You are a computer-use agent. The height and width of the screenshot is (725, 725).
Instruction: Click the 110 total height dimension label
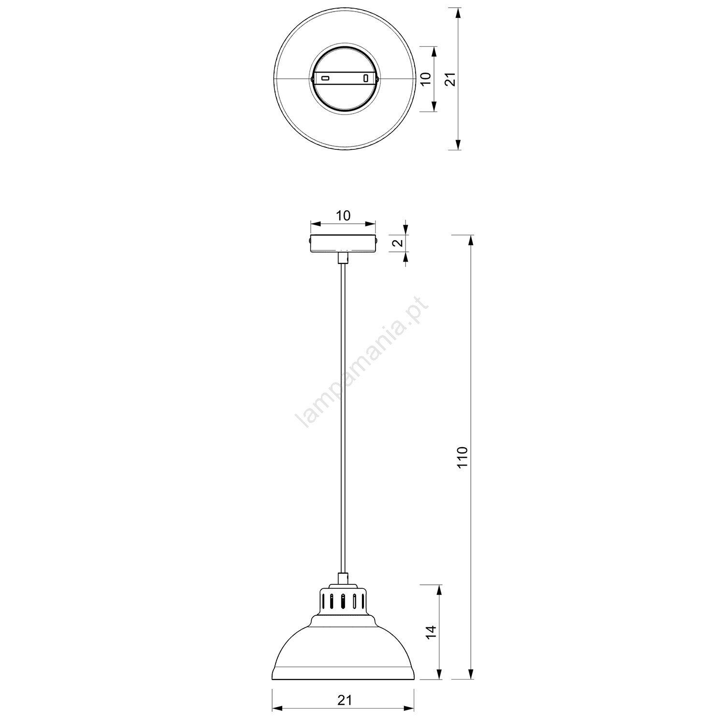coord(463,458)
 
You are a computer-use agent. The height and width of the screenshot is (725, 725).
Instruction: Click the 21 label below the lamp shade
coord(344,700)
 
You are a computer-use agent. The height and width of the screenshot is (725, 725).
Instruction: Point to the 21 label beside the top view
coord(450,79)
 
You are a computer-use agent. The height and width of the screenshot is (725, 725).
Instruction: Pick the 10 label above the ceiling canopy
coord(343,216)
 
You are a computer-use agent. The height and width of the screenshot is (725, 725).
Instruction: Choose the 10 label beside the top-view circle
coord(425,79)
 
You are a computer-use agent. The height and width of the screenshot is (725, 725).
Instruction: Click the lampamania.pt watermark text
coord(362,363)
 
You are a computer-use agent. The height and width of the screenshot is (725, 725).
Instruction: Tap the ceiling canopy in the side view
coord(343,243)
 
